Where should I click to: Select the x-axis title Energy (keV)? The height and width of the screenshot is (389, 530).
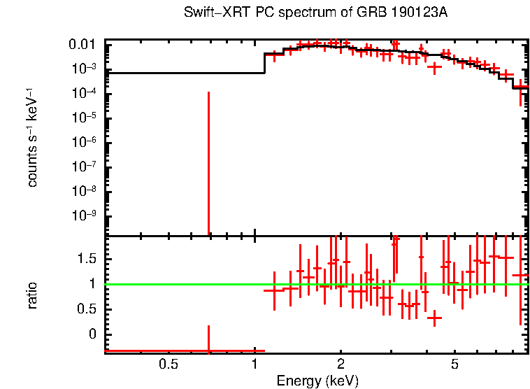(x=317, y=381)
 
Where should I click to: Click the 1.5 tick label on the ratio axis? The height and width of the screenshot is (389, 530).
(x=86, y=259)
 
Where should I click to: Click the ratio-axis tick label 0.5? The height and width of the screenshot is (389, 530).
(x=86, y=309)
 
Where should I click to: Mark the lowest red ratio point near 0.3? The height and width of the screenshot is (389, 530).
(x=435, y=318)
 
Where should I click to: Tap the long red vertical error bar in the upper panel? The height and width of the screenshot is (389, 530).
(x=208, y=161)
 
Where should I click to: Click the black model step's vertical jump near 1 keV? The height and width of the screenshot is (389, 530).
(x=264, y=63)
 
